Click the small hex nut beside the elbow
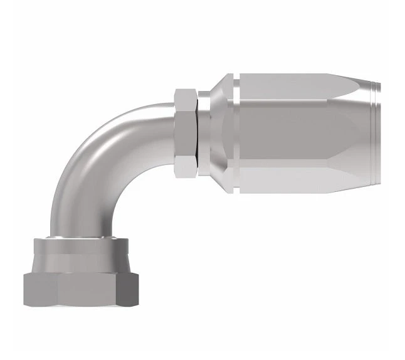[x=186, y=132]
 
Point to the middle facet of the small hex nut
[x=186, y=132]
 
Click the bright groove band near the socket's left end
[x=234, y=132]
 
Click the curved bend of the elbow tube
[x=94, y=157]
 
